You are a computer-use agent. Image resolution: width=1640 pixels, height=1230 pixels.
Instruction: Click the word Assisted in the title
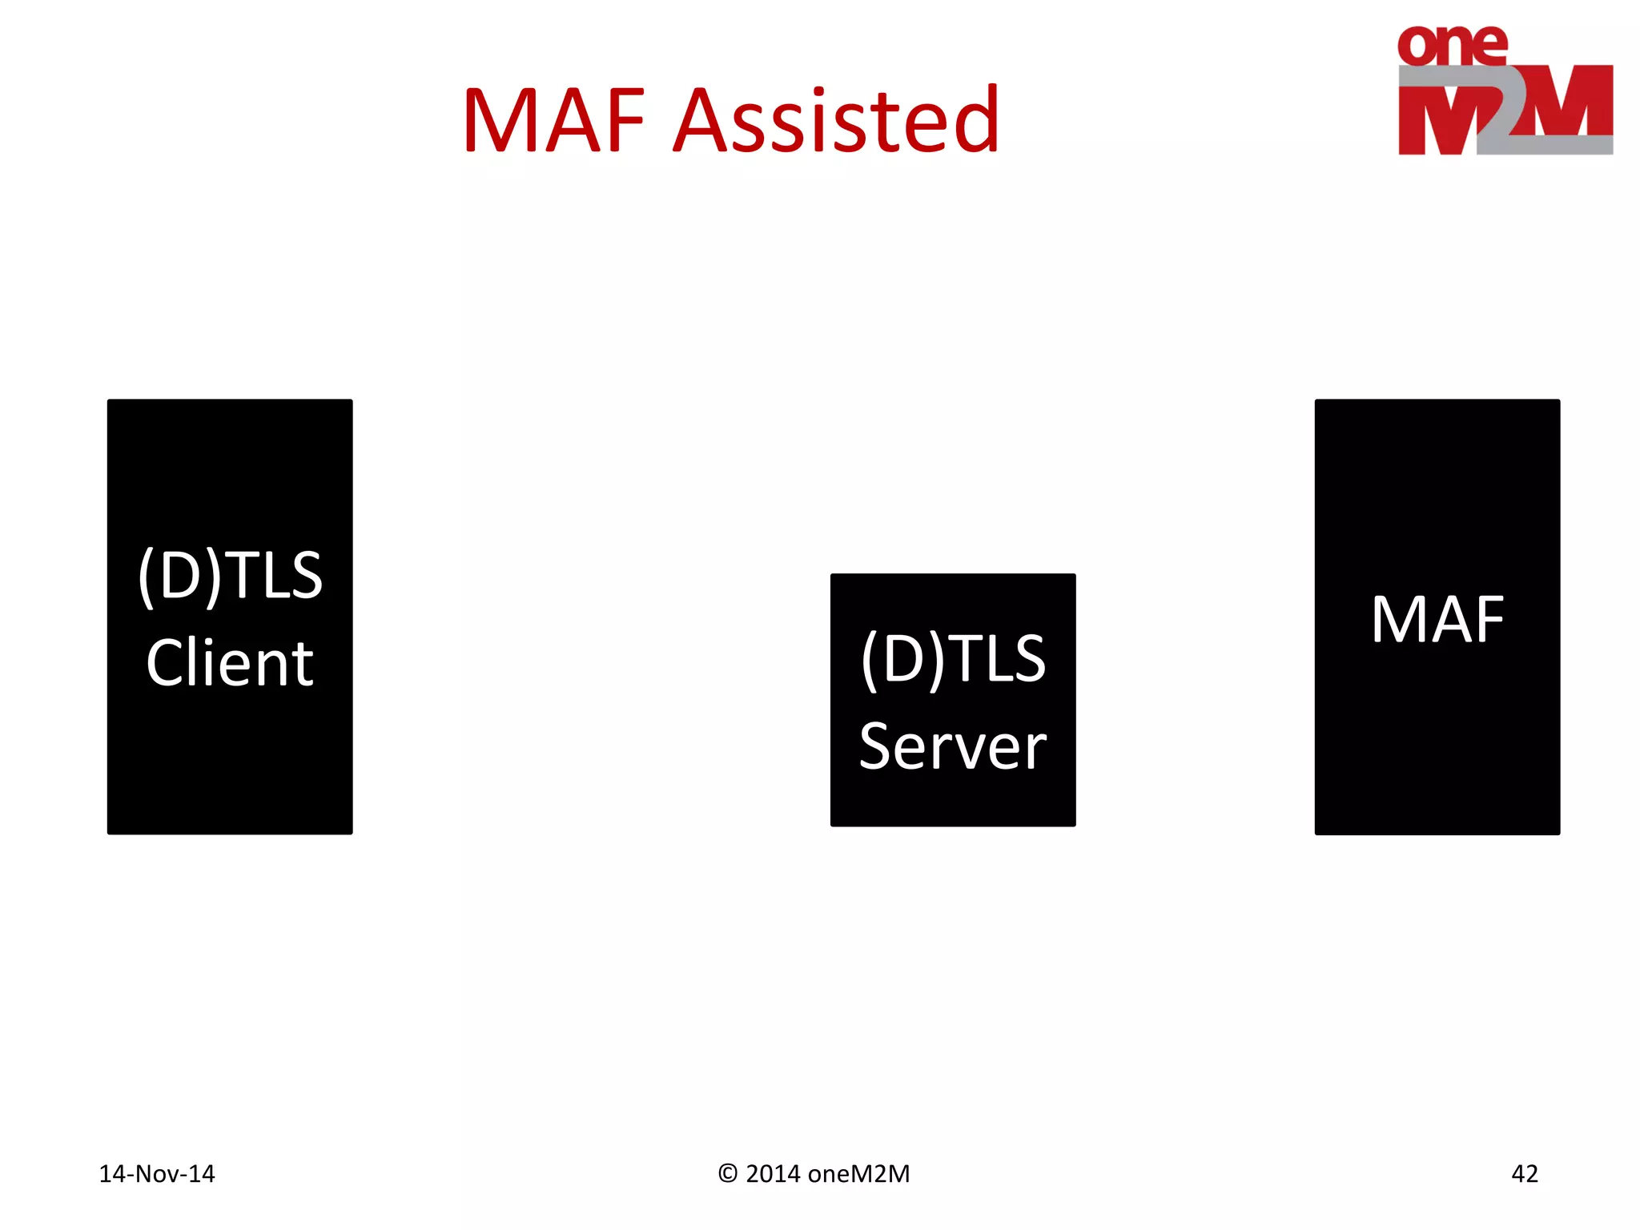pos(837,121)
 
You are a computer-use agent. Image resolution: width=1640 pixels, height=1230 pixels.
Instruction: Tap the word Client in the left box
pos(230,663)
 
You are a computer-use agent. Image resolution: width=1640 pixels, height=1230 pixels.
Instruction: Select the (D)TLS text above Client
pos(230,575)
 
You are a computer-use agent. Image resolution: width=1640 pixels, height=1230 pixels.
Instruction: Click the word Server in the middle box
pos(953,746)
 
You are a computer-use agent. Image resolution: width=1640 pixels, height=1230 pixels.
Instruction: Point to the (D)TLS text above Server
pos(953,658)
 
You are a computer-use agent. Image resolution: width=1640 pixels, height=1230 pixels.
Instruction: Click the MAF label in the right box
pos(1437,619)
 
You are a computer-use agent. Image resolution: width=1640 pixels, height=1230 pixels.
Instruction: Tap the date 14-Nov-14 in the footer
pos(157,1173)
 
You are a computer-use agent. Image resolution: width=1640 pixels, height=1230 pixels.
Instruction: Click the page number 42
pos(1524,1173)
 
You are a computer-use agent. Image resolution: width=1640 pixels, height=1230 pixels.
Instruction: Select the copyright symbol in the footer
pos(727,1173)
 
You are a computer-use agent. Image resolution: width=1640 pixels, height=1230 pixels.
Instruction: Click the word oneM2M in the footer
pos(859,1173)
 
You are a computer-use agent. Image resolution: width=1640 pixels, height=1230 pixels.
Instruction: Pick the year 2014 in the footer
pos(773,1173)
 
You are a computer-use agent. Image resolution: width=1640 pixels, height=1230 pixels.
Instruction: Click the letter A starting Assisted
pos(701,121)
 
